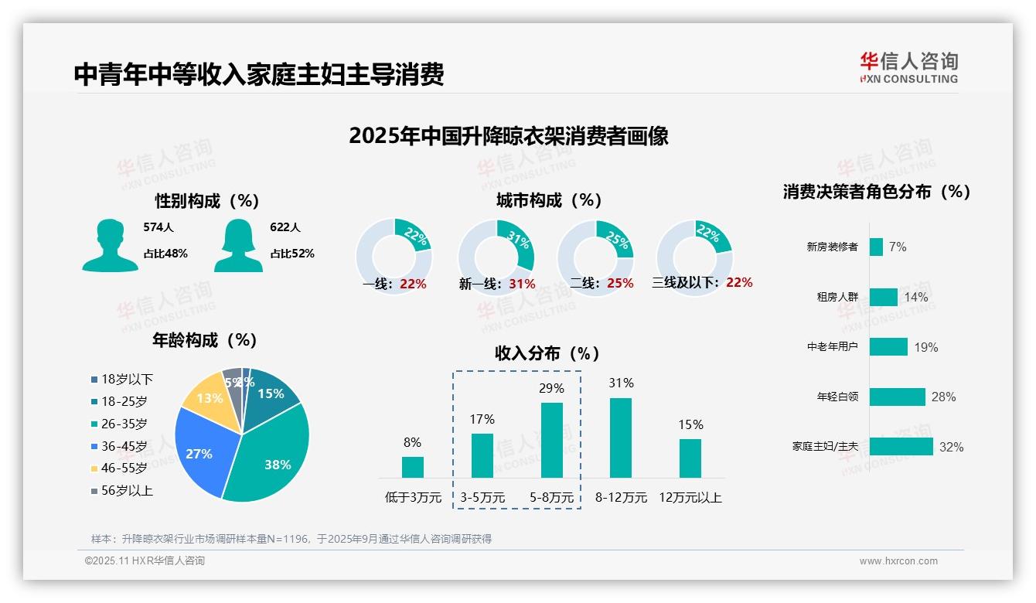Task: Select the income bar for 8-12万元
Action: [621, 438]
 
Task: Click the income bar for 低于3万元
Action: [413, 467]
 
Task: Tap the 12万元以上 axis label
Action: [690, 498]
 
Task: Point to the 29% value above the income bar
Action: [551, 388]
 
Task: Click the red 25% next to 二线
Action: [620, 284]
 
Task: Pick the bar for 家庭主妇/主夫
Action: [901, 446]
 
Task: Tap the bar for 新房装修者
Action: [876, 247]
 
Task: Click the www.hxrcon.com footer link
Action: [898, 561]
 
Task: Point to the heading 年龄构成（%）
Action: [205, 340]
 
